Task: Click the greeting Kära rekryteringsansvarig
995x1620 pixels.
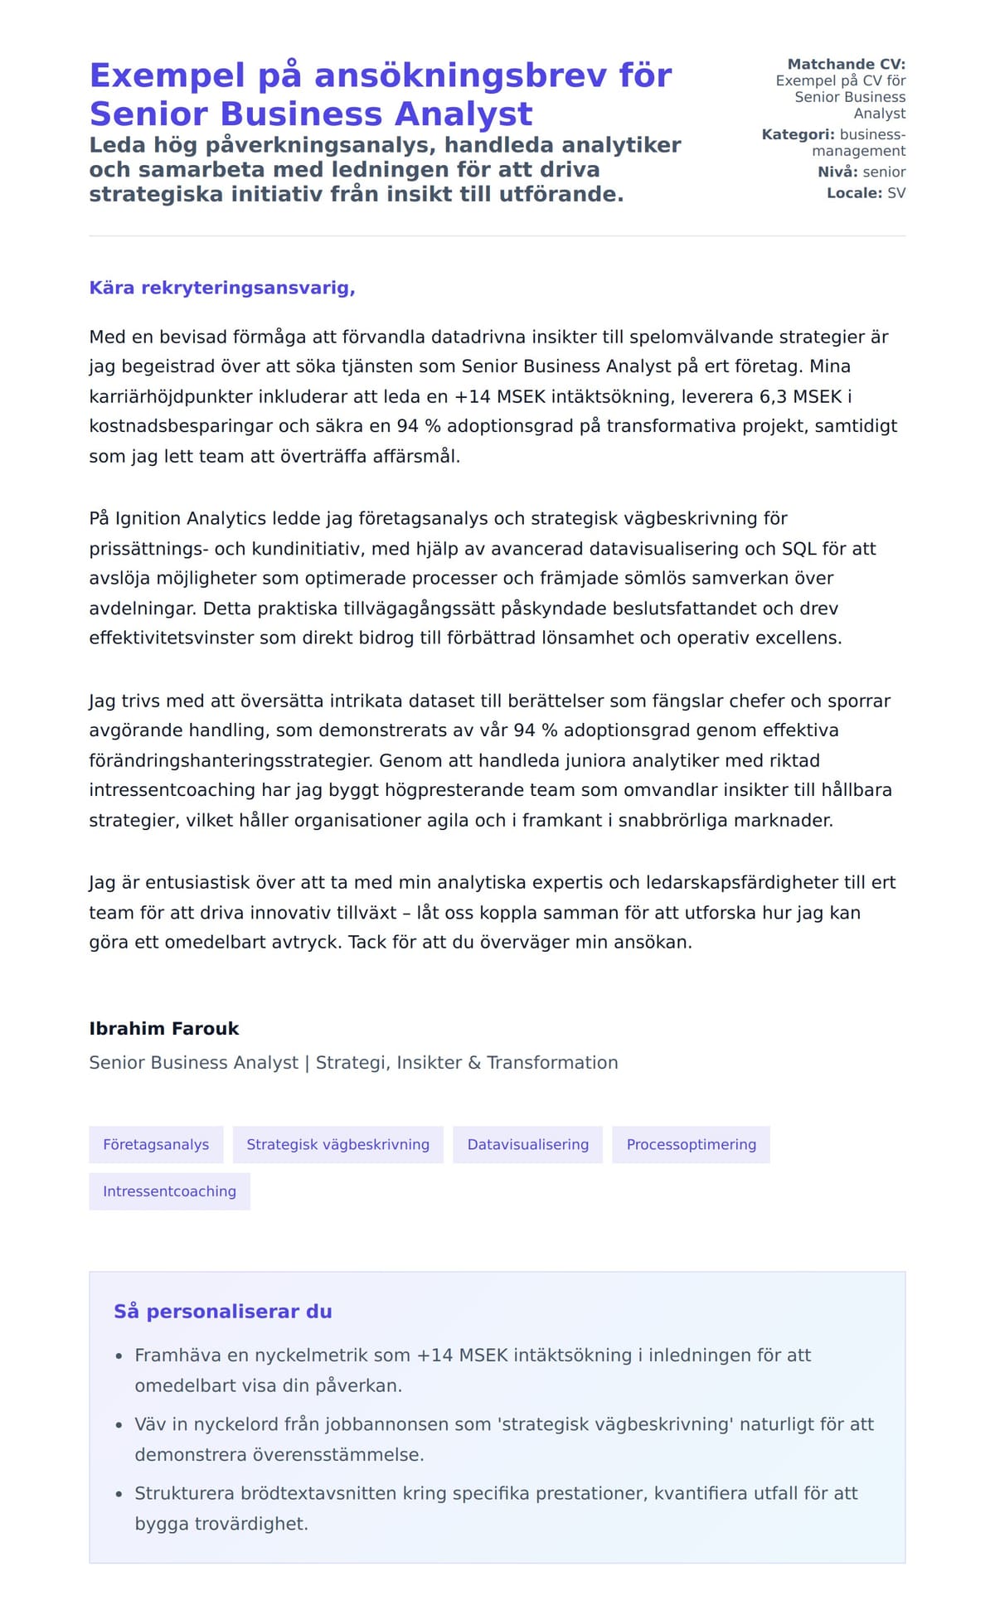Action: point(222,288)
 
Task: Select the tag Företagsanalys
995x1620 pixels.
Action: point(156,1144)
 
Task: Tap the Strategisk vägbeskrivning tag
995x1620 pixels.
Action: point(337,1144)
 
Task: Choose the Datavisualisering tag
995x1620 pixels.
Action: point(527,1144)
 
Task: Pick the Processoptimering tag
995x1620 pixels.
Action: point(691,1144)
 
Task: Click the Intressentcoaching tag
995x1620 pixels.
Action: point(169,1191)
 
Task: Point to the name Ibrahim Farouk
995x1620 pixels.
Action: point(164,1028)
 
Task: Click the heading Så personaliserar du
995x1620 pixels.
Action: point(222,1311)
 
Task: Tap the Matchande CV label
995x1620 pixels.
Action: point(846,64)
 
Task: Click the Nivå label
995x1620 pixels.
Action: point(837,172)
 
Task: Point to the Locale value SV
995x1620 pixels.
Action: point(896,193)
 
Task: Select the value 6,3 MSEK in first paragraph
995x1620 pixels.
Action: point(800,396)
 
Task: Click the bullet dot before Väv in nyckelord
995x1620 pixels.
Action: point(119,1425)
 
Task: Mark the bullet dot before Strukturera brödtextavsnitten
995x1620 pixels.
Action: point(119,1494)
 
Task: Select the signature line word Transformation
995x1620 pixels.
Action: point(552,1062)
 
